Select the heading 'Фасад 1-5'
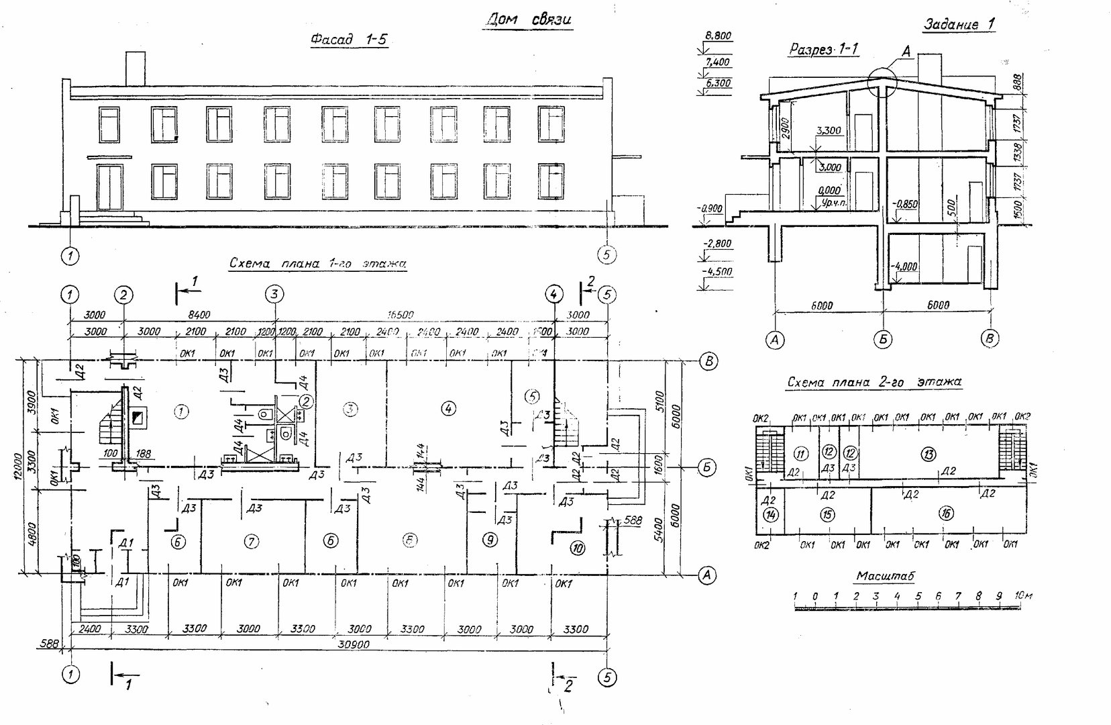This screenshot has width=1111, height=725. (x=349, y=40)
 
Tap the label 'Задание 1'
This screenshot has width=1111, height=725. (x=959, y=25)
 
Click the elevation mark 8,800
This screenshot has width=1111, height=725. (x=718, y=36)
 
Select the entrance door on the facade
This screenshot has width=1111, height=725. (x=110, y=187)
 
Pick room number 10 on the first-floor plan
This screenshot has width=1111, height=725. (x=577, y=548)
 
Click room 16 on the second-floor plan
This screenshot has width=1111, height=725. (x=946, y=514)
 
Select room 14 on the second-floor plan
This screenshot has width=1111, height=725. (x=770, y=515)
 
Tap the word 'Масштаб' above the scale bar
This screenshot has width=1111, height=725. (x=886, y=576)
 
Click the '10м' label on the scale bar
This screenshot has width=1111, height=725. (x=1021, y=595)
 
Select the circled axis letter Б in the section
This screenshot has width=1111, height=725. (x=883, y=340)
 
